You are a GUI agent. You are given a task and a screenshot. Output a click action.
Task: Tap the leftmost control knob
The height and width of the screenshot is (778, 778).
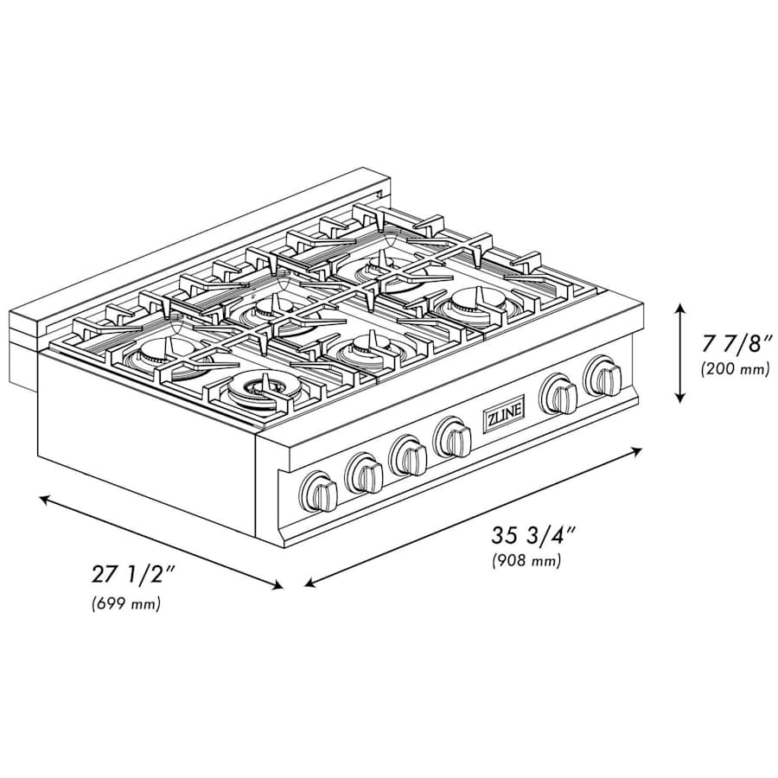320,490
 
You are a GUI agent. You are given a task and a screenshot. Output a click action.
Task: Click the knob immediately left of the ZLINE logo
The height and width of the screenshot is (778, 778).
452,436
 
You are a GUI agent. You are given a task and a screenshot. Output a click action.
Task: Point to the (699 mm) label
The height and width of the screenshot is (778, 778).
126,604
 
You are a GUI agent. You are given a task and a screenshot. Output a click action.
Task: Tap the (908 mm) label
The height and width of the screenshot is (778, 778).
526,560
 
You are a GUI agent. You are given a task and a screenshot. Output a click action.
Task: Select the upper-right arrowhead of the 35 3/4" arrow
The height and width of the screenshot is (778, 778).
639,449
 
